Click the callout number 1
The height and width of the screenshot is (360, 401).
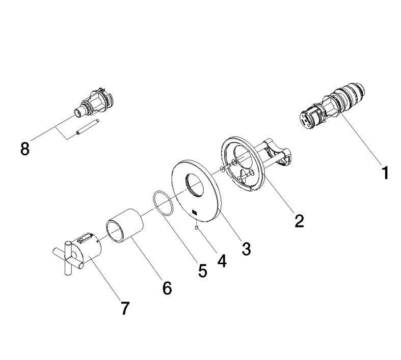(x=385, y=173)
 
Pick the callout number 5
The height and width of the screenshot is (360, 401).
(x=202, y=270)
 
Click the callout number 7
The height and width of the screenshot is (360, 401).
(x=125, y=308)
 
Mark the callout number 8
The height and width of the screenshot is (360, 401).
(x=24, y=149)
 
